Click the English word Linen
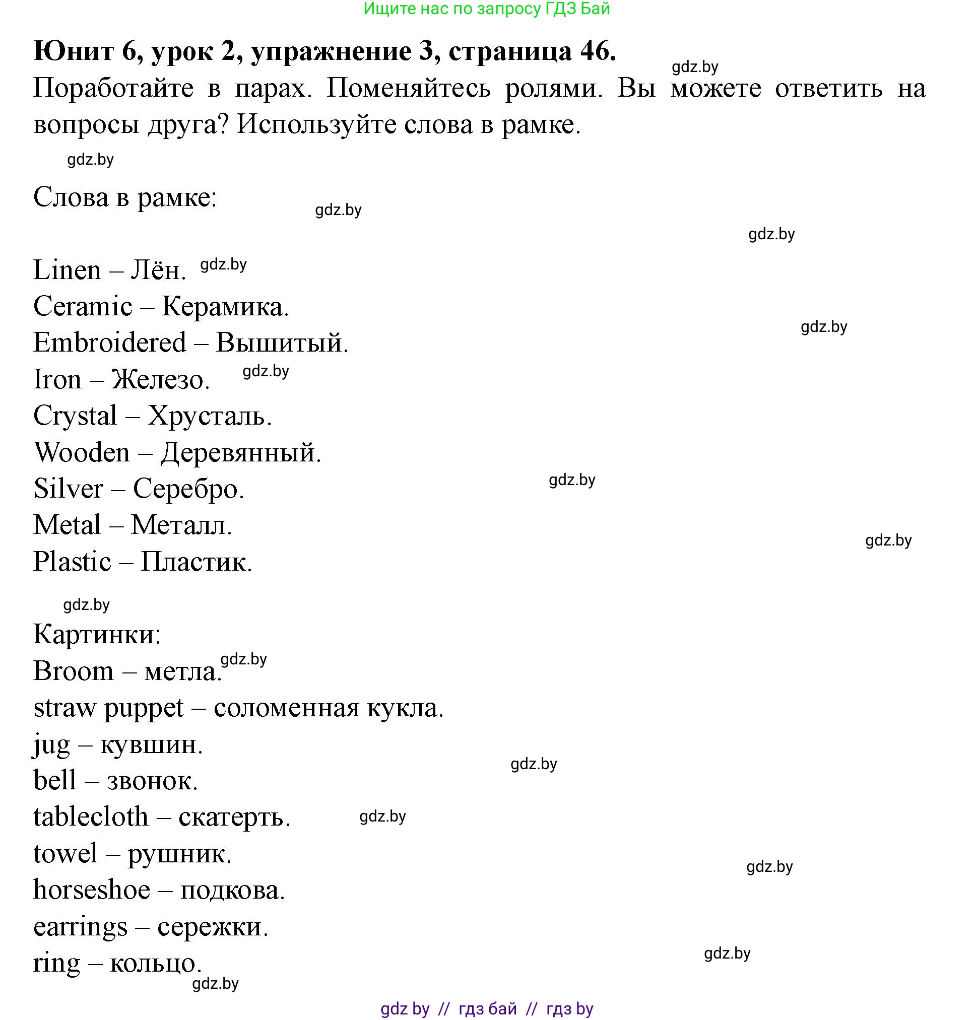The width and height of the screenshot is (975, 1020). [67, 270]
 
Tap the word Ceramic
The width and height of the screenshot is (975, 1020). [83, 307]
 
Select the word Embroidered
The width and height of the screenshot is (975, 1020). [110, 343]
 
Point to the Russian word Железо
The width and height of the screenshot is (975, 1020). [160, 379]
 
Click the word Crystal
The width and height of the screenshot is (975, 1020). [76, 416]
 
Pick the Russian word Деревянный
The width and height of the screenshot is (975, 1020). [240, 453]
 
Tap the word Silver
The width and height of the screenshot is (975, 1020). [69, 489]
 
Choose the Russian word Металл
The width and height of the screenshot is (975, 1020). [181, 525]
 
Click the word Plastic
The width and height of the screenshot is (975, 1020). [72, 562]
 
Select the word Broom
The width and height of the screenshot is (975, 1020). [73, 671]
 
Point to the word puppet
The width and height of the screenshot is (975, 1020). [144, 709]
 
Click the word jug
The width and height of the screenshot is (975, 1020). [51, 745]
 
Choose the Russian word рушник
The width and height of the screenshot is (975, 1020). [179, 854]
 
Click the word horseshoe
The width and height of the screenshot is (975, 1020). [92, 891]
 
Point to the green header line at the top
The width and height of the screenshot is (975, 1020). [486, 9]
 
